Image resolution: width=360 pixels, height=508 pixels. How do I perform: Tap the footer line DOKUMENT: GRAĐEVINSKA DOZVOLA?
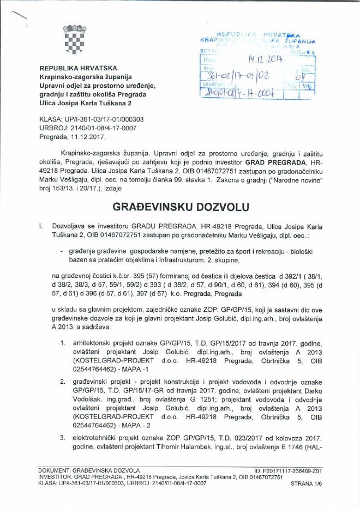pyautogui.click(x=89, y=470)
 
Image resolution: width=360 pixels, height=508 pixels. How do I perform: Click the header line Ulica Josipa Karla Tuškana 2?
pyautogui.click(x=85, y=103)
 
